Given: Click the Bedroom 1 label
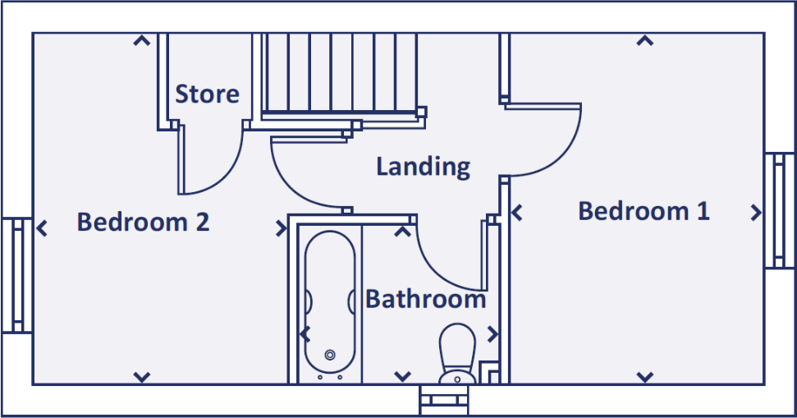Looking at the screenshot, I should [x=644, y=211].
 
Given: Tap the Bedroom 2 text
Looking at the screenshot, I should [x=143, y=222].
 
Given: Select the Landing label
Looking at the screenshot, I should [x=423, y=167].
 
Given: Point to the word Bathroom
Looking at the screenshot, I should [x=425, y=299].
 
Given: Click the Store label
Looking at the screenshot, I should [x=207, y=94].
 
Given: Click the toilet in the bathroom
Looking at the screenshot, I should [x=457, y=352].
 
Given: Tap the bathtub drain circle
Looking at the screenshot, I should [x=330, y=355].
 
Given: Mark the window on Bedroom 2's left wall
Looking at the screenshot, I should [x=16, y=274].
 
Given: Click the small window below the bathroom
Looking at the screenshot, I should [x=445, y=402].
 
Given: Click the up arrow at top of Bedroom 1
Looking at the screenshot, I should [x=645, y=40].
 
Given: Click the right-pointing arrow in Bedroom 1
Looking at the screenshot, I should [x=756, y=213].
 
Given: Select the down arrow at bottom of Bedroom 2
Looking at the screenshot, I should [x=142, y=377].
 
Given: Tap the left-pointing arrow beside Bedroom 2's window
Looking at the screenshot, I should [x=42, y=227].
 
